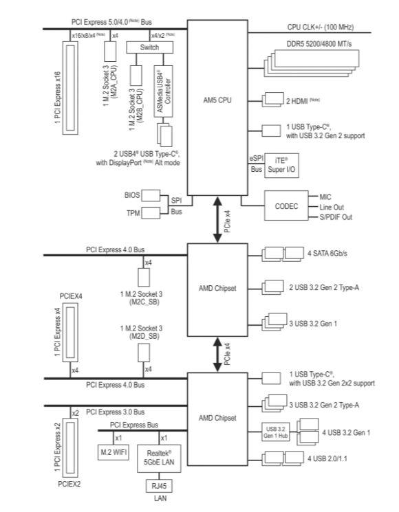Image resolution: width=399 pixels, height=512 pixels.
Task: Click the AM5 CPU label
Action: point(217,100)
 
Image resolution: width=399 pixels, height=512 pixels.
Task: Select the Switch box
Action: point(150,47)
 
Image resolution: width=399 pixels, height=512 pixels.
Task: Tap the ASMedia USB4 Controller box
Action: point(164,91)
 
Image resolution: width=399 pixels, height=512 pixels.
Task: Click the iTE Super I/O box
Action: point(281,166)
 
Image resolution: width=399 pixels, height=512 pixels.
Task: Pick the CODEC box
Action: point(286,205)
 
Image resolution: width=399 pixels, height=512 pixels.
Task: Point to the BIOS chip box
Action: point(151,195)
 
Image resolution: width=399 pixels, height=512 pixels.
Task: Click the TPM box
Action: point(151,213)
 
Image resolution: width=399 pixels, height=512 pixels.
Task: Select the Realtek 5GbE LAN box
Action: point(159,458)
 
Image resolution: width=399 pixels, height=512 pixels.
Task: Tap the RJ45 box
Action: point(159,486)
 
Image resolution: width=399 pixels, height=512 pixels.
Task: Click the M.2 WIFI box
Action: point(114,452)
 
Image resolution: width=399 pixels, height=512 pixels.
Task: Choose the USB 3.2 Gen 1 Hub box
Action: point(276,432)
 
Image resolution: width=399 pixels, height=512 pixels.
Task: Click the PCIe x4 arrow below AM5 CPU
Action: point(217,219)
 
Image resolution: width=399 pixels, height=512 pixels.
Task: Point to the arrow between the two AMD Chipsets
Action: point(217,355)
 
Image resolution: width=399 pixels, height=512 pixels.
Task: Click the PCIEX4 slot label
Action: point(71,296)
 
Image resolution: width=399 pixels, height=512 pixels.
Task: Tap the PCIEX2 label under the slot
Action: point(69,485)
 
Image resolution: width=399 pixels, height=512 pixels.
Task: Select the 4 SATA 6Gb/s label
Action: point(327,254)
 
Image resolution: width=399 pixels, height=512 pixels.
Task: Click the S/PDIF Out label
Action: point(336,217)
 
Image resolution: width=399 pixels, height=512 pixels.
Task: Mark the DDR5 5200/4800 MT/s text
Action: point(319,44)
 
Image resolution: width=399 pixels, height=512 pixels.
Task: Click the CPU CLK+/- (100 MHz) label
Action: point(321,27)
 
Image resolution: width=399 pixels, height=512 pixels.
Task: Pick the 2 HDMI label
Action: point(303,101)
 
